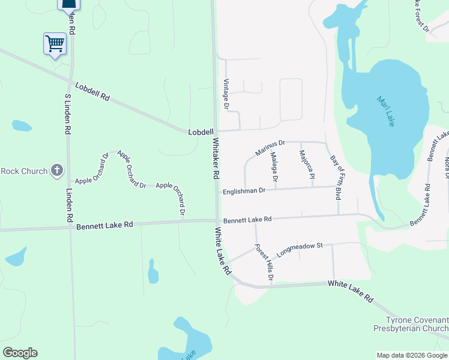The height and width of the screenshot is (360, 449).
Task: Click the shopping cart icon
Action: click(x=55, y=43)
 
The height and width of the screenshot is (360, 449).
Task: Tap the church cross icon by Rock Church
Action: click(x=57, y=170)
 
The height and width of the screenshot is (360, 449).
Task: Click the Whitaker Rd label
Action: click(x=216, y=158)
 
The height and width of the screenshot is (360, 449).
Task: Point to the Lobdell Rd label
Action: click(x=97, y=92)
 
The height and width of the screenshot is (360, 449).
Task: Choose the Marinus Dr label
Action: click(x=270, y=147)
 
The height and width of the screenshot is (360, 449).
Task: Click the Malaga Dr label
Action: click(x=274, y=167)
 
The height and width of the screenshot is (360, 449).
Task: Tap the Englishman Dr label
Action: click(x=244, y=191)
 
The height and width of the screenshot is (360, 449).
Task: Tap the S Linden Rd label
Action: click(x=68, y=113)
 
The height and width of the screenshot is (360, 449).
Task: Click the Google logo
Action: click(x=20, y=353)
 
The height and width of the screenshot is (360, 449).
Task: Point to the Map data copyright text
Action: click(x=411, y=355)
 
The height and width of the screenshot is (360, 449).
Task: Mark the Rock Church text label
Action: click(x=24, y=171)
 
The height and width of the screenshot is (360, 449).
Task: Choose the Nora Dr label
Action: click(x=446, y=169)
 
